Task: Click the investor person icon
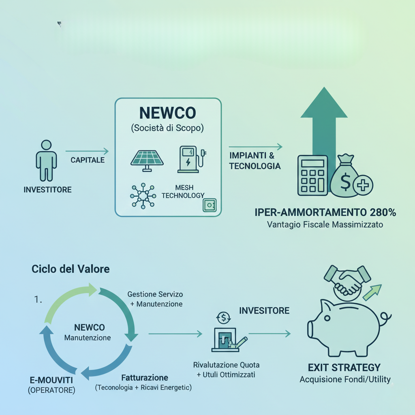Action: (46, 160)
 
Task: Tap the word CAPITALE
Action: (88, 160)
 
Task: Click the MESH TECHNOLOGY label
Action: (183, 191)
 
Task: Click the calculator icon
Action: (312, 175)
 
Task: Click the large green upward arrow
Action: (324, 122)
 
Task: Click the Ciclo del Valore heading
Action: (71, 269)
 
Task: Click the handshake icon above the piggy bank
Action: (348, 278)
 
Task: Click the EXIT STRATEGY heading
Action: (344, 368)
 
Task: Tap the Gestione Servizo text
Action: (155, 294)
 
